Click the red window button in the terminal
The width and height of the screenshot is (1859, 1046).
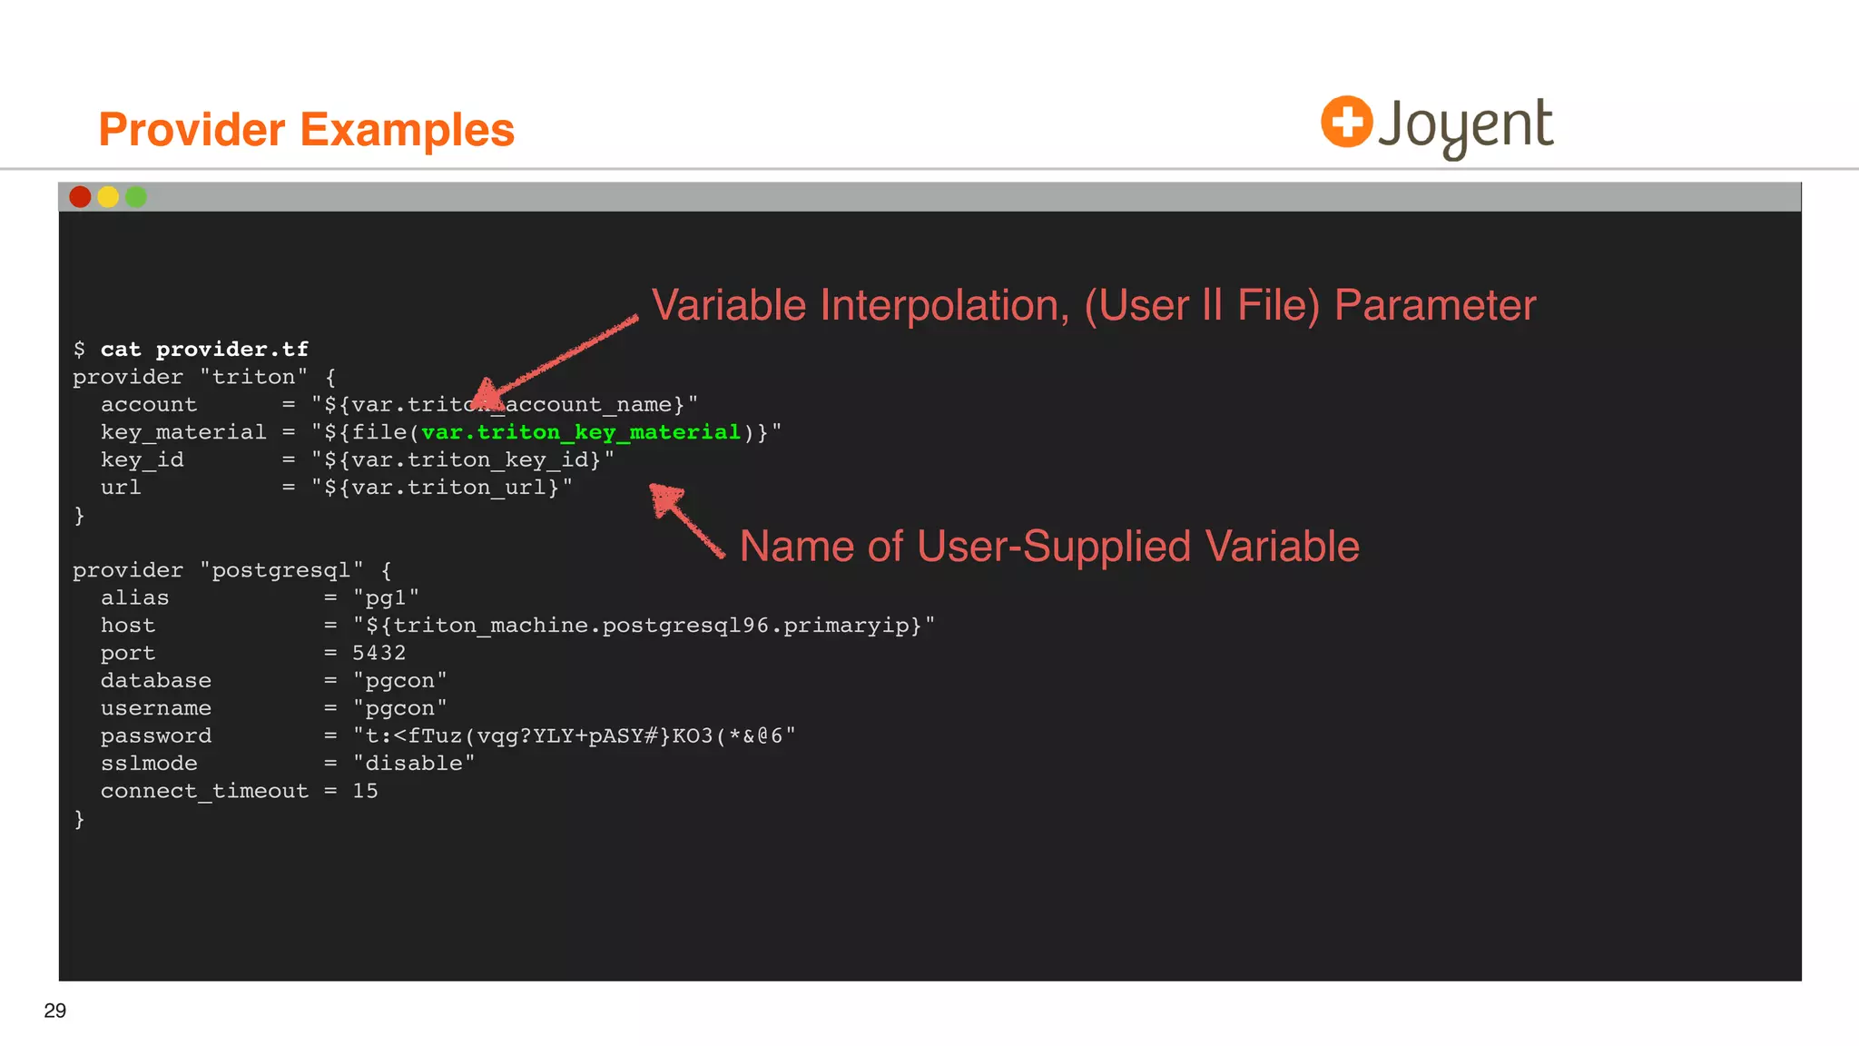[80, 197]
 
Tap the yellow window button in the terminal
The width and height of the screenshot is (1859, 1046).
[108, 197]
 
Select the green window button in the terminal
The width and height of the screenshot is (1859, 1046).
[136, 197]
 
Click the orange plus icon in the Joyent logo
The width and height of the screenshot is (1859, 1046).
[1346, 122]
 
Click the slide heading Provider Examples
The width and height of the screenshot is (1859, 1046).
[306, 130]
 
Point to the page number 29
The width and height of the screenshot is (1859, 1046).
[55, 1011]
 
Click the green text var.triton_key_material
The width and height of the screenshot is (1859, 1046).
[581, 432]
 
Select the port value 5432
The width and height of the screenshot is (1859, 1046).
[379, 653]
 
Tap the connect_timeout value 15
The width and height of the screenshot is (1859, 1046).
[365, 791]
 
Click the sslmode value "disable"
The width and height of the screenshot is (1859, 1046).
[414, 764]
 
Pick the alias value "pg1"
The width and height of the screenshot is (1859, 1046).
[386, 597]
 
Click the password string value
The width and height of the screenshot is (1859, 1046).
[574, 735]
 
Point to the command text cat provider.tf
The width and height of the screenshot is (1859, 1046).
[204, 350]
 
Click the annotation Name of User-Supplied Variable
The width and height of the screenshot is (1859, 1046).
[1049, 547]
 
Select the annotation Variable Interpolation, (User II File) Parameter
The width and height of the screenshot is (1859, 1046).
[1094, 305]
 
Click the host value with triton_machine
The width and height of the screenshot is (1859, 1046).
[644, 626]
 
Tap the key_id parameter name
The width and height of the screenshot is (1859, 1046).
[143, 460]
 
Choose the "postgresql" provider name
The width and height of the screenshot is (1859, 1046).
[281, 570]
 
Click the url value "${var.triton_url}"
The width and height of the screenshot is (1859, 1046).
[442, 488]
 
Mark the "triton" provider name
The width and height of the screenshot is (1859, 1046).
[253, 377]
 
